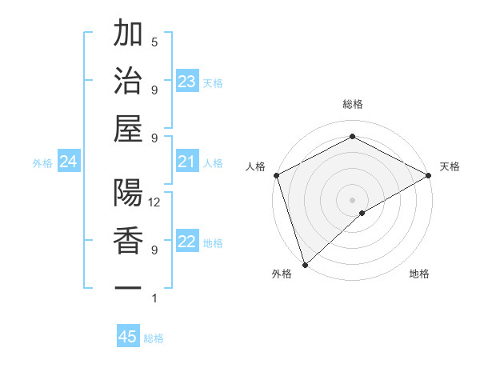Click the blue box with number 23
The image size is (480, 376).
point(187,82)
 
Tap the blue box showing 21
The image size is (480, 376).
point(187,162)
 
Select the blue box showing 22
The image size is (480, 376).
point(187,242)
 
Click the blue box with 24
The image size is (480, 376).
point(68,162)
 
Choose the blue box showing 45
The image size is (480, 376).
point(128,337)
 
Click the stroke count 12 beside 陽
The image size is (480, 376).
point(155,202)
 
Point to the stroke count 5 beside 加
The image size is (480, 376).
point(154,42)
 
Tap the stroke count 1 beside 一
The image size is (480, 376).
point(154,298)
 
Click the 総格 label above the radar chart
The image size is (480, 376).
point(352,105)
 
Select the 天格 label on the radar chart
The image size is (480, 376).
point(450,166)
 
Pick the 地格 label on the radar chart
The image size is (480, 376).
point(419,274)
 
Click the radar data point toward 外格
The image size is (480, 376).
point(305,264)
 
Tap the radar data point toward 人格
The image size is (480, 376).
point(276,174)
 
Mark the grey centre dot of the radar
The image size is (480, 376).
point(352,199)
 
